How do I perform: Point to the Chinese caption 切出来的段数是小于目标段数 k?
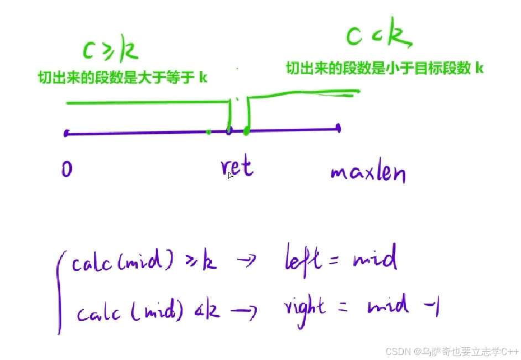(385, 69)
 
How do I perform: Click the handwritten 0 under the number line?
(67, 169)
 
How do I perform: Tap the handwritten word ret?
(237, 166)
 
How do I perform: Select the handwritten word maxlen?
(368, 174)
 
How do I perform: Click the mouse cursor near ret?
(231, 175)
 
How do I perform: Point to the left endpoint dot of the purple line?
(66, 133)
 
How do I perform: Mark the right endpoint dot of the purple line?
(338, 128)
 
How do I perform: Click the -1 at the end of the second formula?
(429, 306)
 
